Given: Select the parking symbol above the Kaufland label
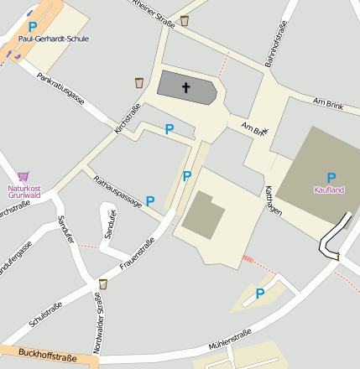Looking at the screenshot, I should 331,177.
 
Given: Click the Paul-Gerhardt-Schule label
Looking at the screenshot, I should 53,39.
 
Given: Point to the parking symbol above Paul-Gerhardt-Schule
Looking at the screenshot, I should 33,27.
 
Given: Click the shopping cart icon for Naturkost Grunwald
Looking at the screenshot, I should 23,176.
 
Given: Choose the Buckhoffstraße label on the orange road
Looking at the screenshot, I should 46,358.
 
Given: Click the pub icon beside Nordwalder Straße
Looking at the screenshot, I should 102,284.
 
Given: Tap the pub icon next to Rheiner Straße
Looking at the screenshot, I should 184,20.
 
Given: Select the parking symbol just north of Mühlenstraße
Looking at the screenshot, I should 260,294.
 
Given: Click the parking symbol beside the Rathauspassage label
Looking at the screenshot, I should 150,201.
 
